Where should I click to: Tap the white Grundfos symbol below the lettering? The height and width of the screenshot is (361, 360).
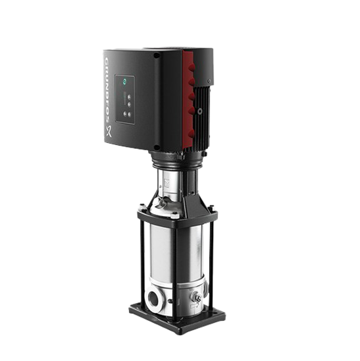[109, 132]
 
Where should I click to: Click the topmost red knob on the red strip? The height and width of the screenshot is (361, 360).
[191, 68]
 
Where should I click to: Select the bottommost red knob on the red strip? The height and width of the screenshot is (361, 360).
[192, 133]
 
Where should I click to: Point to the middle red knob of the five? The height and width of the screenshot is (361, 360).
[192, 97]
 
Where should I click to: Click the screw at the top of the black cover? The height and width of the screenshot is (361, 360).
[157, 55]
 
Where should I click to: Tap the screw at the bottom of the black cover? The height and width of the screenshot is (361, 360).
[157, 147]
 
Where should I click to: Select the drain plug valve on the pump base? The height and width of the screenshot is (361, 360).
[196, 296]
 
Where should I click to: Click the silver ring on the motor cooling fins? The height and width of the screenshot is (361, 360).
[200, 111]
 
